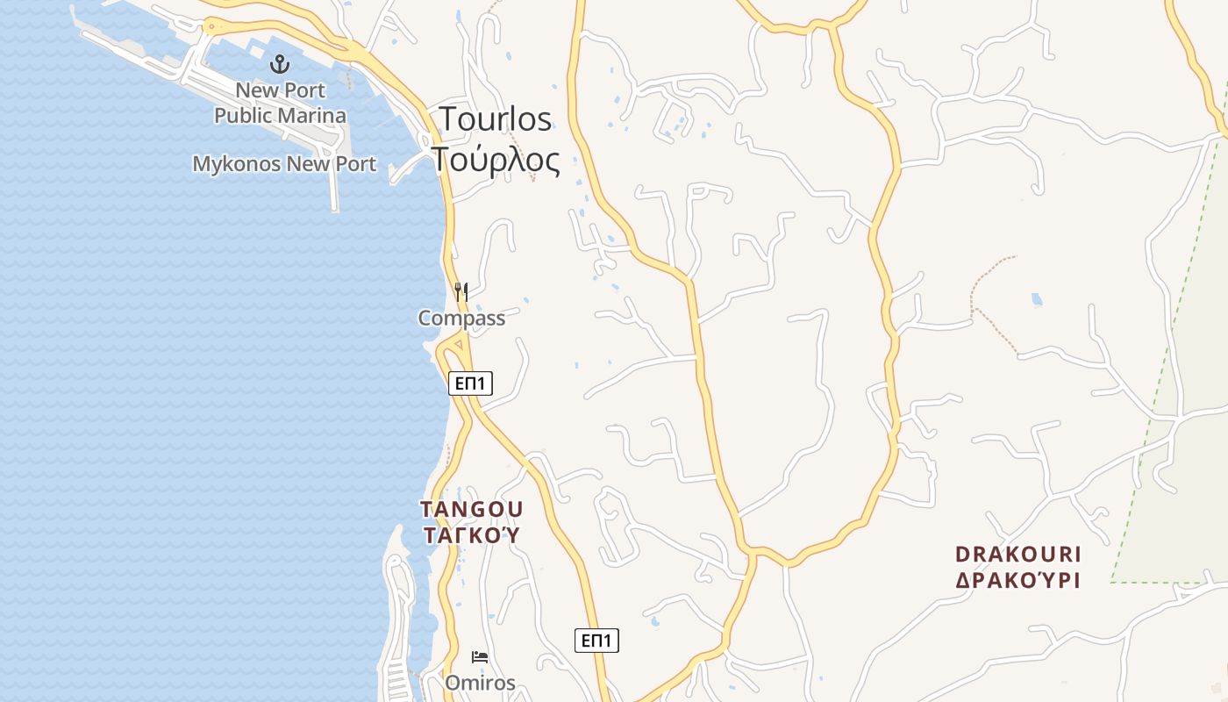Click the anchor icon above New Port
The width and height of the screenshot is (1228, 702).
[x=280, y=63]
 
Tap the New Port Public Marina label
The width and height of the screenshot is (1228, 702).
[x=281, y=103]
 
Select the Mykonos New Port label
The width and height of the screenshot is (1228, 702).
[x=284, y=164]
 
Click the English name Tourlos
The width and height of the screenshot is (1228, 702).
[x=496, y=119]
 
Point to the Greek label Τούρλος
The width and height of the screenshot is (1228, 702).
[x=496, y=161]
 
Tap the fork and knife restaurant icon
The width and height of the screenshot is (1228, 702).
[x=461, y=292]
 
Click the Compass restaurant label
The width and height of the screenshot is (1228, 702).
[x=461, y=319]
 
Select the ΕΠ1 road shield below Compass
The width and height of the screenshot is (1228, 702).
[x=470, y=383]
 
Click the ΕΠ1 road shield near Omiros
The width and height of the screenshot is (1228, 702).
[x=596, y=641]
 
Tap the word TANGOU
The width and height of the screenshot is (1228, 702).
[x=472, y=510]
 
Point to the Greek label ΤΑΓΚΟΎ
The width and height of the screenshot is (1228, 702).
[x=472, y=535]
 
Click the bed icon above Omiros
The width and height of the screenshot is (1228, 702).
[x=480, y=656]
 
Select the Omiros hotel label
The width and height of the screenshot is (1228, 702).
[x=480, y=683]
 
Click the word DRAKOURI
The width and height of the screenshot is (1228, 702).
[x=1018, y=555]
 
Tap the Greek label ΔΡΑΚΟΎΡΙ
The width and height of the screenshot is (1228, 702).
[x=1018, y=581]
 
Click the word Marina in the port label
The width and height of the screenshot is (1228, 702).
[x=312, y=116]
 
